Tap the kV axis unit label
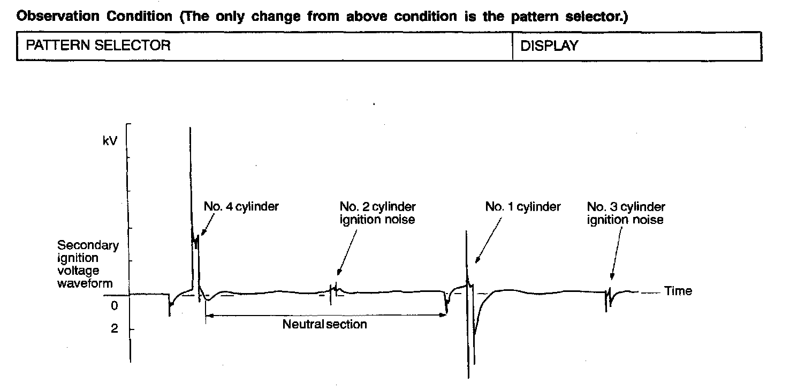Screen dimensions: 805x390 point(110,142)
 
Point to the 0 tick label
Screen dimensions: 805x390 point(114,306)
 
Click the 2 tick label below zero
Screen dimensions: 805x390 point(114,329)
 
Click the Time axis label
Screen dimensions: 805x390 point(678,291)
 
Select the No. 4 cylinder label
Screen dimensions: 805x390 point(241,207)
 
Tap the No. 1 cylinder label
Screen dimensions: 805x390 point(522,207)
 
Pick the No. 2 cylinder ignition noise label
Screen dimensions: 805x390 point(377,213)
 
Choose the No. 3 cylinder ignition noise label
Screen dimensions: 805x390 point(626,213)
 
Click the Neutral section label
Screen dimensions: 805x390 point(324,324)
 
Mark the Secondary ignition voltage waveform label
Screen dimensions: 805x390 point(87,264)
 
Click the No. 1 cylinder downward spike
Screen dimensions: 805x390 point(468,348)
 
